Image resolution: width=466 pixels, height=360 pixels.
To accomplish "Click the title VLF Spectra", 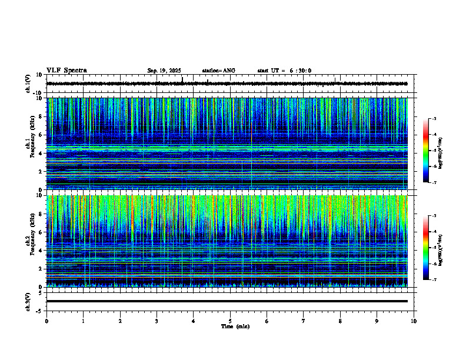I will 66,70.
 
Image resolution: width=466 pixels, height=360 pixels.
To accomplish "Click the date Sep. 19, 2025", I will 164,71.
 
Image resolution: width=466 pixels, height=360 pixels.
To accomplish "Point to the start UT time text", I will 284,71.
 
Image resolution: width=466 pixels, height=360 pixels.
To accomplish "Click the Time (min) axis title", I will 235,326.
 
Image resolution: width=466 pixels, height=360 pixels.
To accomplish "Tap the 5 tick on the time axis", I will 230,321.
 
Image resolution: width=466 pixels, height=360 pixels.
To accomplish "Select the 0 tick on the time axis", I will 46,321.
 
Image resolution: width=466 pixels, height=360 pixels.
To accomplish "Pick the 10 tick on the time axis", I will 414,321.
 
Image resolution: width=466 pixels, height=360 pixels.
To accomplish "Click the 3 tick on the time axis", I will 157,321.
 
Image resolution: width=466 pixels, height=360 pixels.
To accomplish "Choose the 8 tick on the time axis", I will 341,321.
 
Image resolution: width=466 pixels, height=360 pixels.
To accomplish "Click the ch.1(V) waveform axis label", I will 28,84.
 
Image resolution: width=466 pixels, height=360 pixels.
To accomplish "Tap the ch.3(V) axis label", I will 28,301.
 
